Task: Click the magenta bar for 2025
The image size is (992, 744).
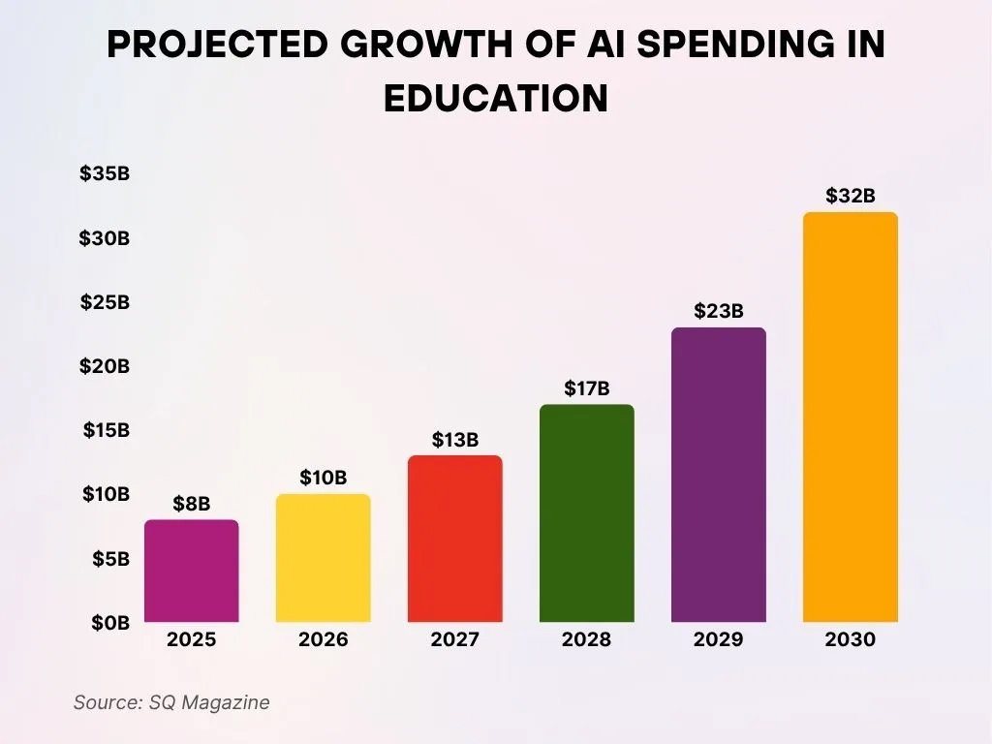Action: [x=191, y=571]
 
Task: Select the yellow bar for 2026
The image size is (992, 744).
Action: [x=323, y=558]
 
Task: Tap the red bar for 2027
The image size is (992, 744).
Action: [x=454, y=539]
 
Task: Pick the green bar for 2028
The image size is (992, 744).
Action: [x=586, y=513]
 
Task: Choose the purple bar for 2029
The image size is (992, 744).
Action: [x=718, y=475]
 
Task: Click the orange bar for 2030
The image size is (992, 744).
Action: [x=850, y=417]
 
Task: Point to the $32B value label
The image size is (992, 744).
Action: [x=850, y=196]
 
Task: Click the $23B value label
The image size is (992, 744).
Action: [x=718, y=311]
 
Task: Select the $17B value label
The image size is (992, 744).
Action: [x=586, y=388]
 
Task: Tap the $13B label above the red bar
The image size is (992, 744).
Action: [x=454, y=440]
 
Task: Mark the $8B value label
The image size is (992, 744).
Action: [x=191, y=504]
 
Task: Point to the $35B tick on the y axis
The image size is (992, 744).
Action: [x=105, y=174]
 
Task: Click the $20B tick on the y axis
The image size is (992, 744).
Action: [x=105, y=366]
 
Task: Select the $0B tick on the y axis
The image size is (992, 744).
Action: [x=109, y=623]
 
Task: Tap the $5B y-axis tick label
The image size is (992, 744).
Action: [x=109, y=559]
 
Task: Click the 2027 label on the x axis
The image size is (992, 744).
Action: [x=454, y=640]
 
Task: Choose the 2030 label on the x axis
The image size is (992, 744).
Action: [x=850, y=640]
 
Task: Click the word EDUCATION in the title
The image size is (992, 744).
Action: [x=496, y=99]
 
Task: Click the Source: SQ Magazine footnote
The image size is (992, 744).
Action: [x=171, y=702]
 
